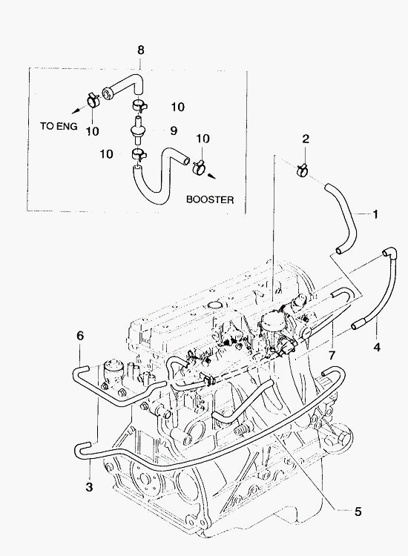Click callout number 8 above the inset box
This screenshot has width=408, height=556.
click(141, 50)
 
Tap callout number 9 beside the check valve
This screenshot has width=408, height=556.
click(174, 130)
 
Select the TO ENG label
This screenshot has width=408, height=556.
click(59, 126)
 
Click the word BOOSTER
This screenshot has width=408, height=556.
click(210, 199)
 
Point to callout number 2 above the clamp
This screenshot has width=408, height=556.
click(306, 139)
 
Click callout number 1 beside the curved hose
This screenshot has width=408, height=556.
click(375, 214)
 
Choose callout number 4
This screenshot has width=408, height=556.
click(377, 347)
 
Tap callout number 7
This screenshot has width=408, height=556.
click(332, 355)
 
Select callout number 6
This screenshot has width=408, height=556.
click(80, 335)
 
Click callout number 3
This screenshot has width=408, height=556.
click(89, 487)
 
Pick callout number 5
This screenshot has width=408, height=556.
click(358, 512)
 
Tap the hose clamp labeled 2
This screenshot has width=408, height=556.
click(302, 170)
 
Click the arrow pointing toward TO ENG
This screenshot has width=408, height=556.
click(78, 110)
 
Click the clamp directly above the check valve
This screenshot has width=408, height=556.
click(139, 106)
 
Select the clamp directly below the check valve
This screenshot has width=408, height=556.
click(139, 155)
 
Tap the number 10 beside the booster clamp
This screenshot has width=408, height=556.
click(203, 139)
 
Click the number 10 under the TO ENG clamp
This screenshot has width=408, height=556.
click(92, 131)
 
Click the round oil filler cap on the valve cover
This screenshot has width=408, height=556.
click(214, 305)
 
